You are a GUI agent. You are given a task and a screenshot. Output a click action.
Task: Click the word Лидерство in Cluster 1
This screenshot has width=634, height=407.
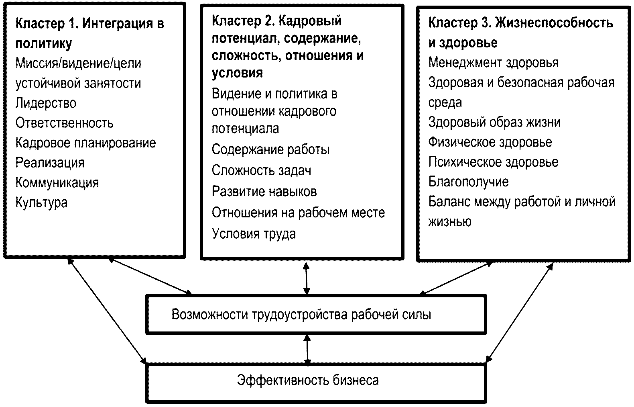click(x=46, y=103)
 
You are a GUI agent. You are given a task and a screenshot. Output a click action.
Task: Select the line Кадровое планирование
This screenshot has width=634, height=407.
click(x=85, y=143)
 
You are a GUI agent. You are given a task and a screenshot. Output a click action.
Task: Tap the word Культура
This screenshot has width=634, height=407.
click(x=41, y=202)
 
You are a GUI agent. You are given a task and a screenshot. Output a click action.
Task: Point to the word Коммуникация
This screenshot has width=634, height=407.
click(x=57, y=183)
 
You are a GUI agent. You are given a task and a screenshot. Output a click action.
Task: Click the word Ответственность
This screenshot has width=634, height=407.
click(x=64, y=123)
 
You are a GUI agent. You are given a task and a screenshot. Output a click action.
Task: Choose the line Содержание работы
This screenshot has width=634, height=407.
click(x=270, y=150)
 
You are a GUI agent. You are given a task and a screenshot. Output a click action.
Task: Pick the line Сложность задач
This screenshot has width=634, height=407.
click(x=261, y=171)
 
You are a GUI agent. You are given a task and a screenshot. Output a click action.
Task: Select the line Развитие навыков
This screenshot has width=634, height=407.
click(x=264, y=192)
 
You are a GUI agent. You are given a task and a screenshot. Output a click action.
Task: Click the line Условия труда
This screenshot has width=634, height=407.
click(x=254, y=234)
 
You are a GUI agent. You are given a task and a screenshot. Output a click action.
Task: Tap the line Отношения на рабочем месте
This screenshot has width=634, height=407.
click(x=298, y=213)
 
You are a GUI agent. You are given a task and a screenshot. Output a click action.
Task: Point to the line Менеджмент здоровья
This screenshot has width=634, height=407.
click(x=493, y=63)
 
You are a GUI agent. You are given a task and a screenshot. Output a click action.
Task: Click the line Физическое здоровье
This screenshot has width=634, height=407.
click(x=490, y=142)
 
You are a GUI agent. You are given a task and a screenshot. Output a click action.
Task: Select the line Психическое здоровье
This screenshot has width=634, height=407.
click(x=493, y=162)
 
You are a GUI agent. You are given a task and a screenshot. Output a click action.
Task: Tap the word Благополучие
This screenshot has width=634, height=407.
click(x=468, y=182)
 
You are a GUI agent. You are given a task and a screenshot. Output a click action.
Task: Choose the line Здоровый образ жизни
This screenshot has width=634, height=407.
click(x=494, y=122)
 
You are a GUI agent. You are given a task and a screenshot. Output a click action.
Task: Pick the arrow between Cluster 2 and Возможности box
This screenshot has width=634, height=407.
click(x=307, y=278)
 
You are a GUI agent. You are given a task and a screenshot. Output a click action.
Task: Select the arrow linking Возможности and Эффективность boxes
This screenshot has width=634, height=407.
click(x=307, y=349)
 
